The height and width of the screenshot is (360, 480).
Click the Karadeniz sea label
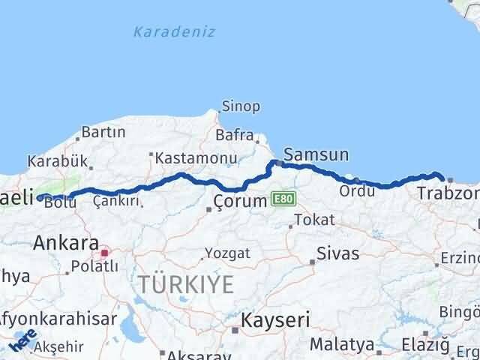coord(174,31)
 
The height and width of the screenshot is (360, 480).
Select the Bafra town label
coord(235,136)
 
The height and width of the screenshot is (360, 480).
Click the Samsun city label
coord(316,155)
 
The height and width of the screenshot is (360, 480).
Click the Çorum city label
coord(240,200)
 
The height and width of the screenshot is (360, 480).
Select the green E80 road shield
coord(283,199)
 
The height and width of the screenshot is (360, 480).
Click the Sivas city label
coord(338,253)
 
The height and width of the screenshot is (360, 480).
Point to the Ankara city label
coord(65,243)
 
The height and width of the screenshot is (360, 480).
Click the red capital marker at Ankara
coord(105,253)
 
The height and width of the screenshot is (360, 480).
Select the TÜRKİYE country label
coord(185,284)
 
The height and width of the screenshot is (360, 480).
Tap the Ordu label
coord(357,190)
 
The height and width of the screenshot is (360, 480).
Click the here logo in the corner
coord(22,343)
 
